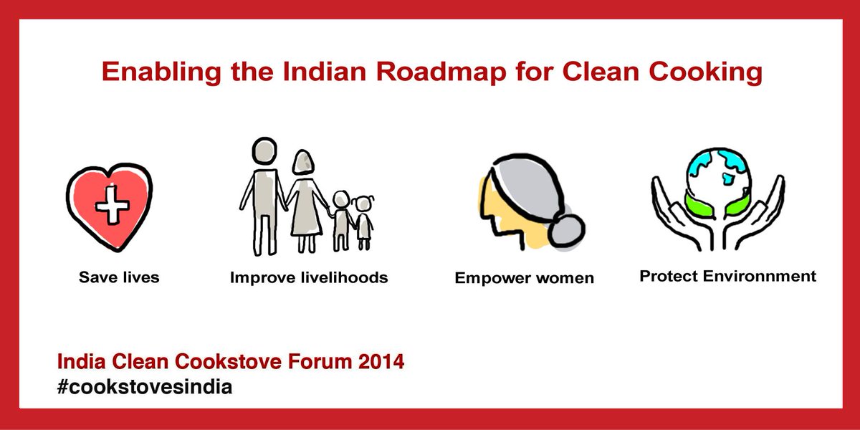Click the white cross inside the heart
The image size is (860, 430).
click(110, 207)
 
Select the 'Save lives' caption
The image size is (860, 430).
click(119, 277)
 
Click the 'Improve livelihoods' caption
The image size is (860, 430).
click(309, 277)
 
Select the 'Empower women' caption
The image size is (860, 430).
click(525, 278)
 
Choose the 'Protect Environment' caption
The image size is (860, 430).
click(727, 276)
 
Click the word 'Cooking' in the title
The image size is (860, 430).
click(703, 73)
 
